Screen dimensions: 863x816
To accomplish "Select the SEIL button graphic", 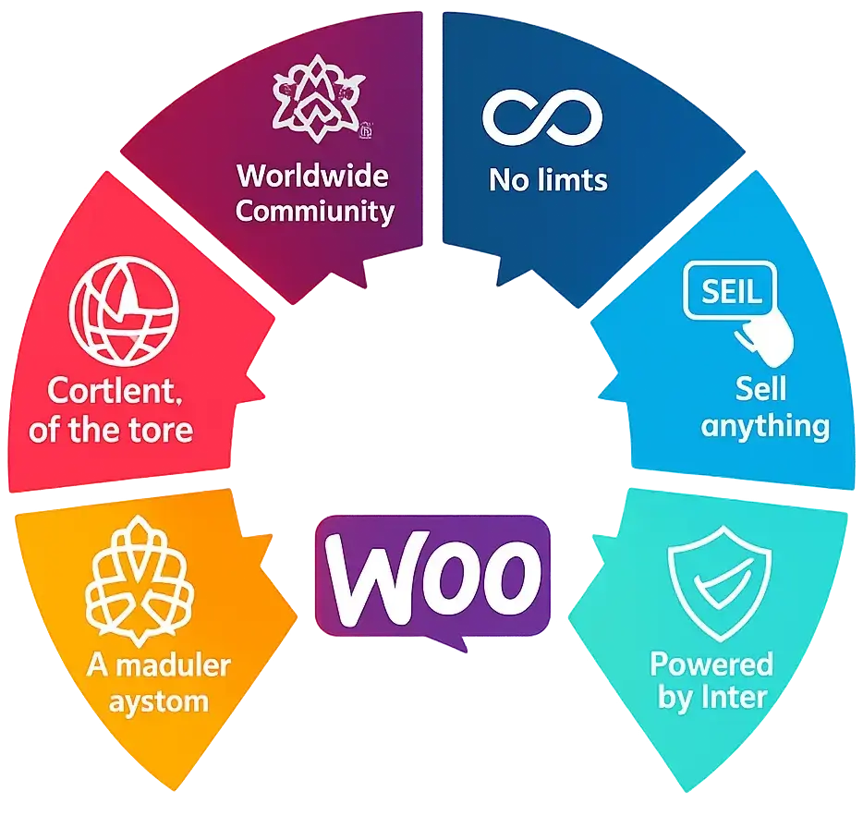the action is [x=730, y=289].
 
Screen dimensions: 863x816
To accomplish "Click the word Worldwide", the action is [x=312, y=176].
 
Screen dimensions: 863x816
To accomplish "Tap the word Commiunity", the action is [x=315, y=212].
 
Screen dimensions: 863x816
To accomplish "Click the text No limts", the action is [x=548, y=180].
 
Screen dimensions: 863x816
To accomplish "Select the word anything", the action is [x=765, y=427].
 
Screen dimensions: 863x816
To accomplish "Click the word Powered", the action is [x=711, y=664].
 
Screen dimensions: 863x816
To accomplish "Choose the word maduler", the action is [x=174, y=665].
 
